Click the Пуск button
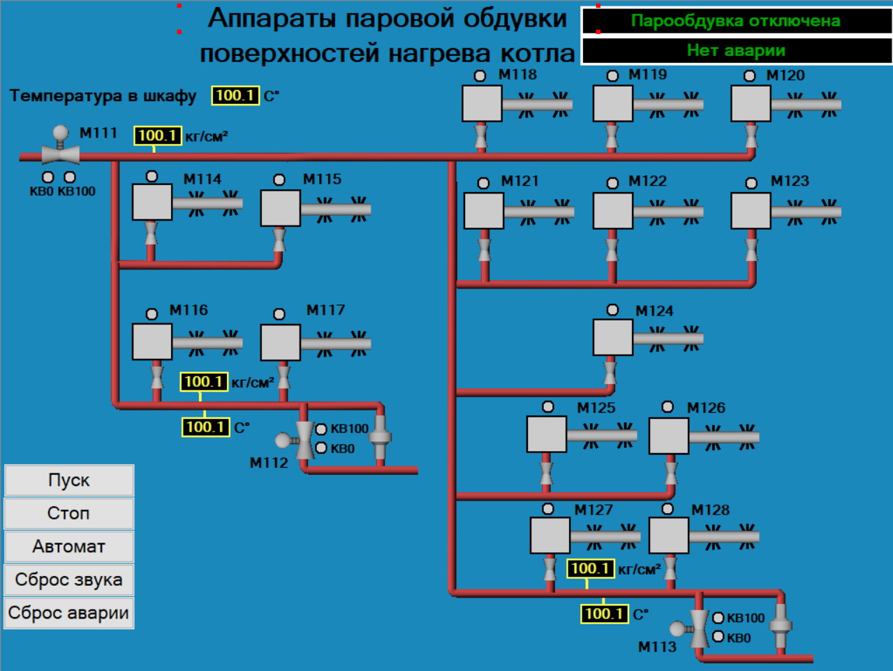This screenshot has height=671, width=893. point(68,480)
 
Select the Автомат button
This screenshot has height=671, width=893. point(68,547)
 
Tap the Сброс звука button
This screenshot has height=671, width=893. point(68,580)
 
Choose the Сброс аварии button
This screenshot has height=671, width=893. point(68,613)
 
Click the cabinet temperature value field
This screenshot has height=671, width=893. point(235,96)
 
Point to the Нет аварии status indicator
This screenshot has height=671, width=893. point(737,50)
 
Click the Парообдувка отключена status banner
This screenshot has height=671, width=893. point(737,20)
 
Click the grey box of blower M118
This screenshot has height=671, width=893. point(482,103)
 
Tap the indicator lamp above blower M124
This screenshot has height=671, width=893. point(612,310)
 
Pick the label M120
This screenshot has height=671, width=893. point(785,75)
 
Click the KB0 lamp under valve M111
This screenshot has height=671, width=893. point(48,177)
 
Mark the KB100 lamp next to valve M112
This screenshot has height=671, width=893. point(321,429)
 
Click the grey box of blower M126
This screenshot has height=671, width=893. point(669,436)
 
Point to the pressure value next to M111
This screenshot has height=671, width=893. point(158,136)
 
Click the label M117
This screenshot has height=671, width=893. point(325,310)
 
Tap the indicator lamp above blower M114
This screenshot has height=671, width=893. point(152,176)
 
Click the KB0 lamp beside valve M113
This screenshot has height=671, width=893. point(718,636)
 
